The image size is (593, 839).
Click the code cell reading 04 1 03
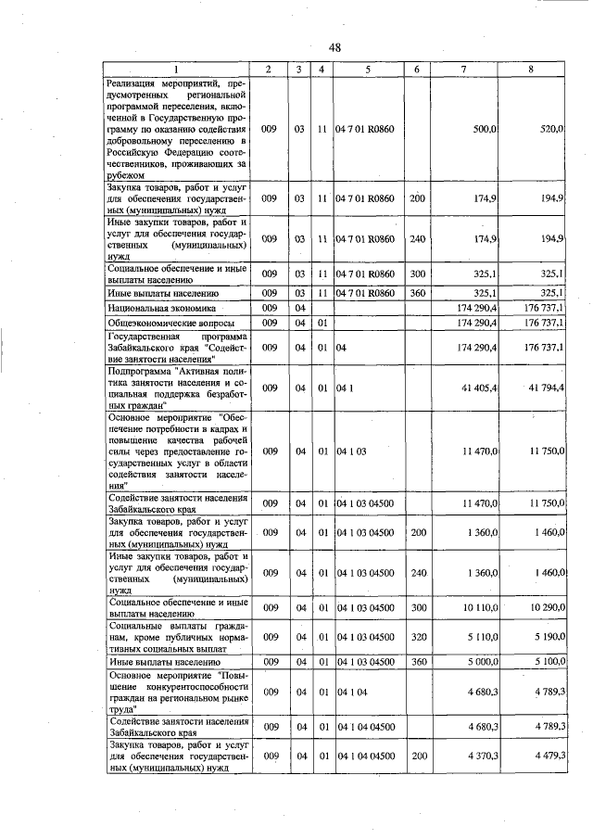pos(352,451)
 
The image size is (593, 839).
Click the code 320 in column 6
pos(417,637)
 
